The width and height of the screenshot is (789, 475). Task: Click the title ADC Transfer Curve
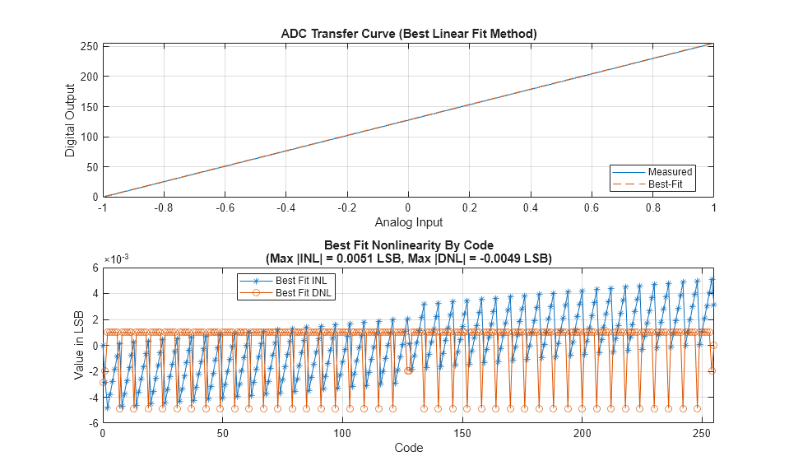(408, 34)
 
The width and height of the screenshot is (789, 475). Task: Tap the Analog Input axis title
(408, 222)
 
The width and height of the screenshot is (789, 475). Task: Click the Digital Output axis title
(70, 120)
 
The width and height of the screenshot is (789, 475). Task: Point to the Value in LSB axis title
(79, 345)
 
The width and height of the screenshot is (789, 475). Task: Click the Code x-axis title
(408, 448)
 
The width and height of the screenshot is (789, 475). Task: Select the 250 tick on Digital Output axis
(89, 46)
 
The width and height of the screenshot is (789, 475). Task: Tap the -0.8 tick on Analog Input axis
(164, 209)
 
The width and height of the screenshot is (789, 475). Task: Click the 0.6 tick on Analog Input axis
(591, 209)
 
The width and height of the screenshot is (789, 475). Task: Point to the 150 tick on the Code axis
(462, 433)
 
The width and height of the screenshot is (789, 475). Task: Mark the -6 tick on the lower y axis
(93, 422)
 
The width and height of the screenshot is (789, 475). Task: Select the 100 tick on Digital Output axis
(89, 137)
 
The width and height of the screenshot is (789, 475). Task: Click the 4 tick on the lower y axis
(95, 293)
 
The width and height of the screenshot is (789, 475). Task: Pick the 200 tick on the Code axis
(582, 433)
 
